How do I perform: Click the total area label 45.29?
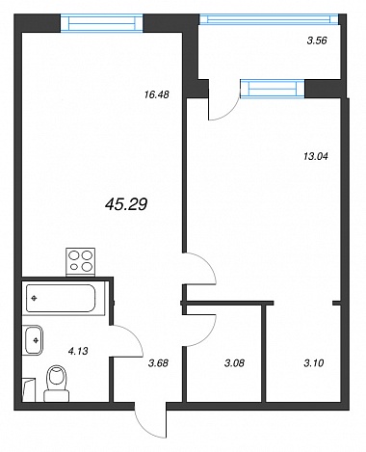[126, 204]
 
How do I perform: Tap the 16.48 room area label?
[157, 94]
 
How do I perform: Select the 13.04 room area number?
[316, 157]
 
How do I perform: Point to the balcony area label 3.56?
[317, 40]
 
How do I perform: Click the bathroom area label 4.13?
[78, 351]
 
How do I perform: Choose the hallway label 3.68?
[158, 363]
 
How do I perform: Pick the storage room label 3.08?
[234, 363]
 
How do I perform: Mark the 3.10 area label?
[313, 363]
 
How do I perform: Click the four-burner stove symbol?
[80, 262]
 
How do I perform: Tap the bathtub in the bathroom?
[61, 298]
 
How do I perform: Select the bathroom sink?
[33, 340]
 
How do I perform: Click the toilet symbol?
[57, 384]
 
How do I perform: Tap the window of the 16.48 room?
[101, 23]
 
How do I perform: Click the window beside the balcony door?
[273, 89]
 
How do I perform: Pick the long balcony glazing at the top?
[269, 19]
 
